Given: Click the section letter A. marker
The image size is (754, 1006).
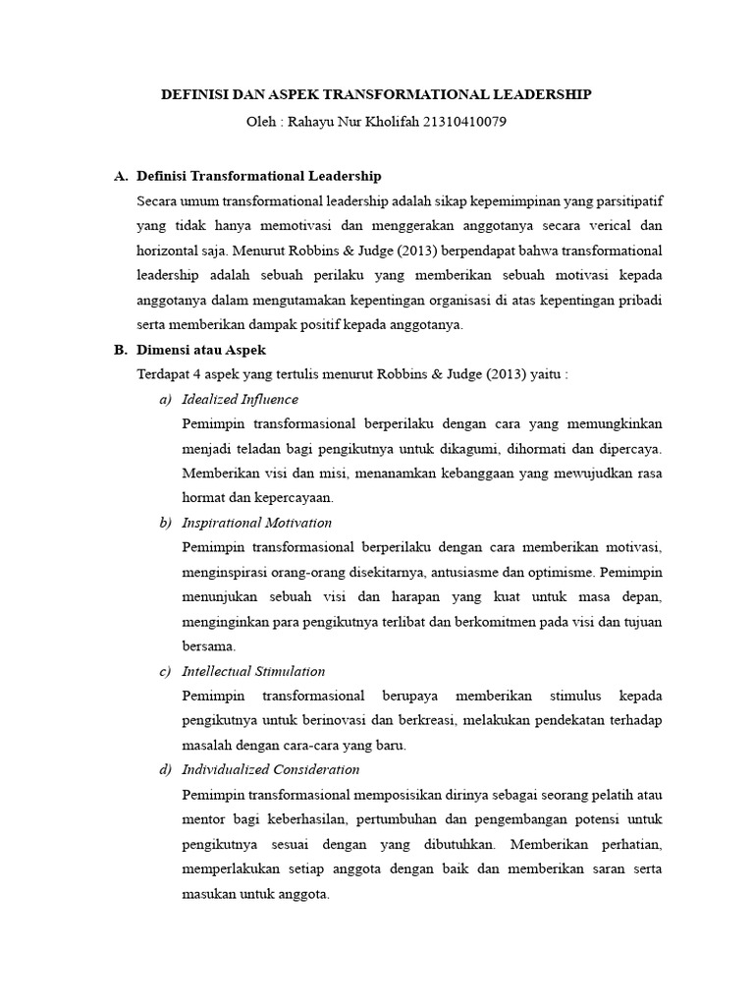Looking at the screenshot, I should coord(122,176).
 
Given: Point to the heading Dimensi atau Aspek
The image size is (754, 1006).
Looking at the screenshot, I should coord(202,349).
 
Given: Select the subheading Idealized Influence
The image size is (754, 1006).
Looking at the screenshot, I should coord(241,399).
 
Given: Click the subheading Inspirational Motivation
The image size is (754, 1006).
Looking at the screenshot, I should coord(257,523).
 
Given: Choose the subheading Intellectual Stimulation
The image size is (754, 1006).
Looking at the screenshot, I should coord(253,671).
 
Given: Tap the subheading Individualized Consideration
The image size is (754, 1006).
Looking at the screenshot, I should coord(271,769).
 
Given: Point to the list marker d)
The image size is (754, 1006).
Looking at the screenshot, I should coord(166,769).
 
